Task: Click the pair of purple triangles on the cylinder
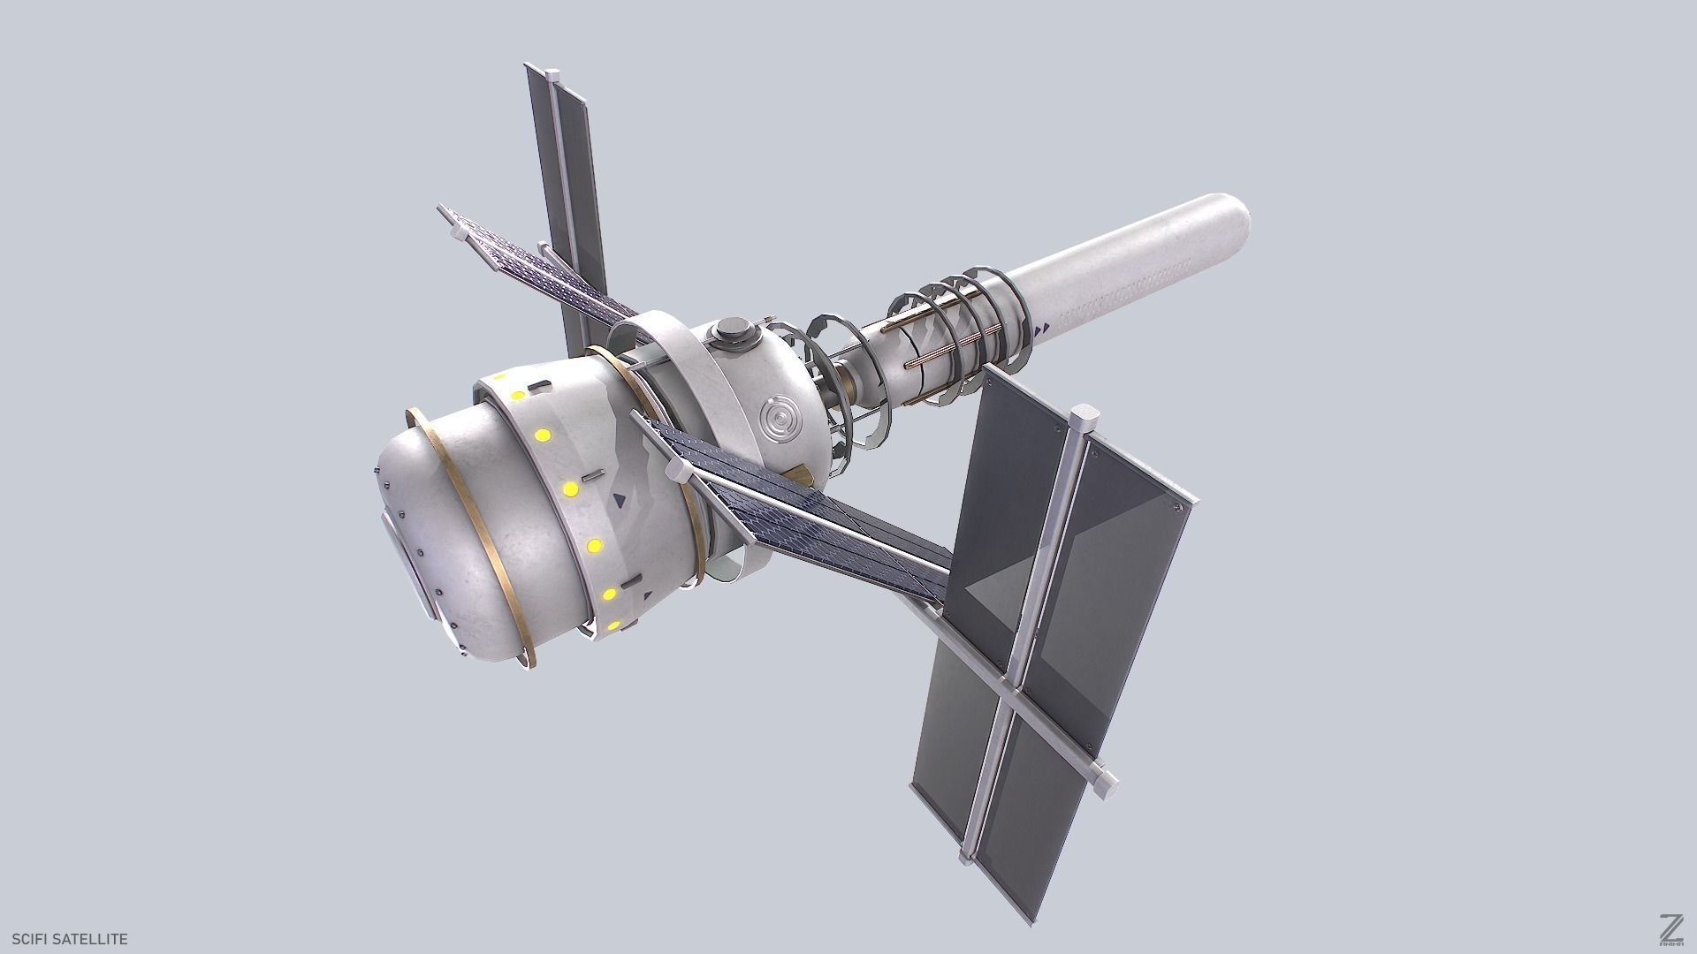point(1042,329)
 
